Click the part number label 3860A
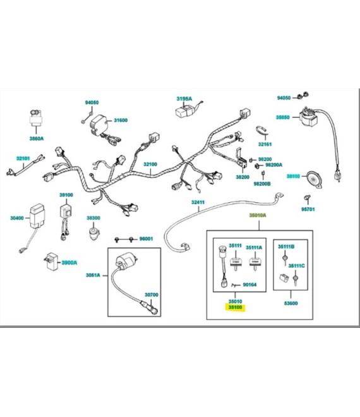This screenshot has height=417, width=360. (37, 138)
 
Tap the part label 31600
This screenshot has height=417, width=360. (120, 120)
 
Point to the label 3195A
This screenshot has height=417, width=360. (184, 99)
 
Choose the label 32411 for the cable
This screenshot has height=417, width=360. (198, 202)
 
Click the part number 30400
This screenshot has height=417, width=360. (16, 218)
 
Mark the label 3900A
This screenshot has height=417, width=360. (68, 262)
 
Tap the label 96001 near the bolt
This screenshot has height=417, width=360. (146, 239)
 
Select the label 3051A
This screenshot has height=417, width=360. (93, 276)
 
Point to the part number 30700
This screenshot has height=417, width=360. (152, 294)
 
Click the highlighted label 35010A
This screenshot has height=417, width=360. (256, 215)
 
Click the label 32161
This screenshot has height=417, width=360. (265, 144)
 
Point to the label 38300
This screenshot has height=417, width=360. (93, 218)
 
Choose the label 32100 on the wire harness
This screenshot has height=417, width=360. (150, 165)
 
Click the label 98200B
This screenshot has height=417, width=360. (261, 184)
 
